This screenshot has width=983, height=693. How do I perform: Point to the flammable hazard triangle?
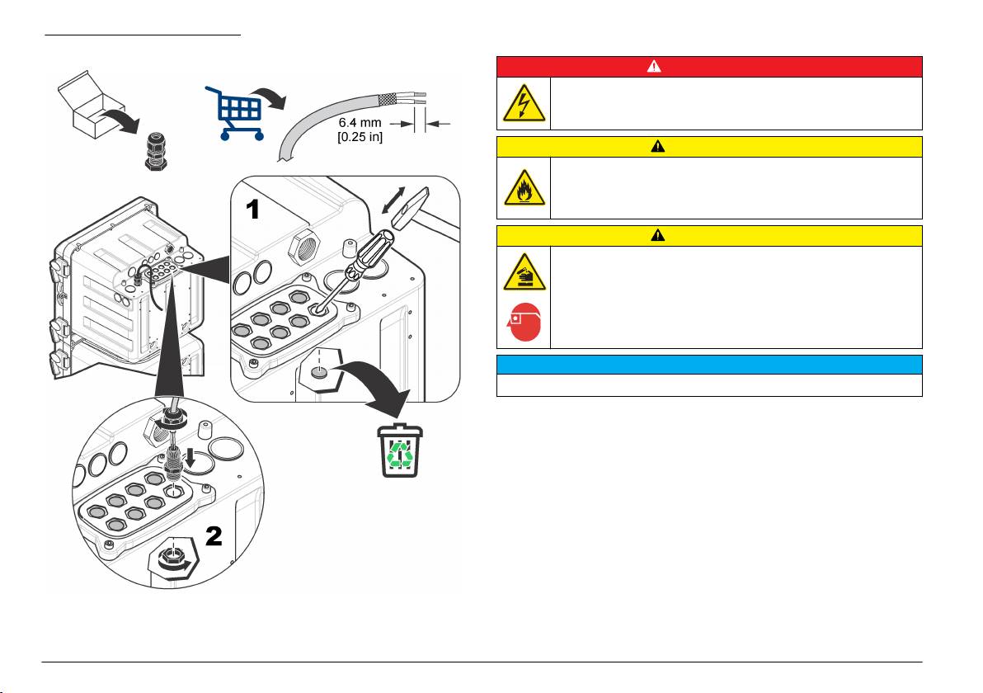[524, 191]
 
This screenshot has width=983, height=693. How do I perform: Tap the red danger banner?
[708, 67]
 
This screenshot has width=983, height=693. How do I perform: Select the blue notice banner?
[708, 365]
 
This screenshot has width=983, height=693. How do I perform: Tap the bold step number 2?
[213, 537]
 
